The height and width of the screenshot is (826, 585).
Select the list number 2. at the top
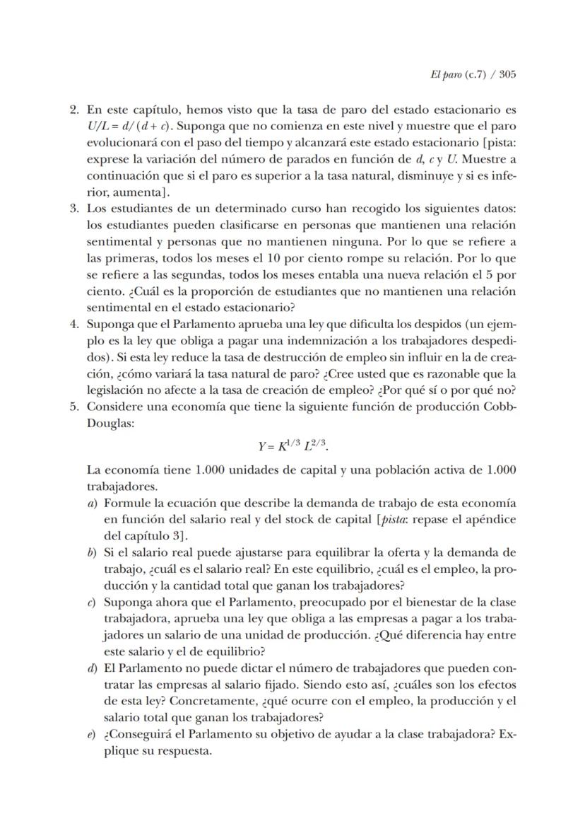point(74,110)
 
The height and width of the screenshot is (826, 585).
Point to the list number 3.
point(74,209)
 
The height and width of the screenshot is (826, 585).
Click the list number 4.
point(74,324)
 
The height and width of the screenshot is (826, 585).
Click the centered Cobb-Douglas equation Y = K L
point(292,446)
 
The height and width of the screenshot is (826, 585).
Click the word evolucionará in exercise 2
point(123,143)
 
